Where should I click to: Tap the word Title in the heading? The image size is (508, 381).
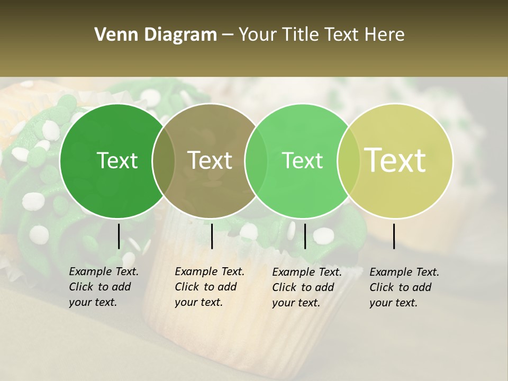point(300,35)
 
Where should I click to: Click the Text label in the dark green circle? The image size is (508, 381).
point(117,160)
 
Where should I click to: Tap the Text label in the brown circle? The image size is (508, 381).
point(210,160)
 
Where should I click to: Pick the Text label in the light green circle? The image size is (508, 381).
point(303,160)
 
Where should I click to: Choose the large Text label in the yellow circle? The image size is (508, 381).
point(395,160)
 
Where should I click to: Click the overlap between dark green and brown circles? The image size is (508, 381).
point(164,161)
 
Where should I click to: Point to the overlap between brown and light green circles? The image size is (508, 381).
point(256,161)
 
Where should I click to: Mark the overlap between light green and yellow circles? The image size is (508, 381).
point(349,161)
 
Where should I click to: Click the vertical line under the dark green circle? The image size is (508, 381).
point(119,236)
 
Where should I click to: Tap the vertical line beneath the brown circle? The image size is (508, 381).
point(212,236)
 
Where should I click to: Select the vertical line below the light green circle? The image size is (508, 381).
point(305,236)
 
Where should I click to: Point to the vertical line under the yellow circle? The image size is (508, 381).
point(394,236)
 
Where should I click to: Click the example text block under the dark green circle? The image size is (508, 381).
point(103,287)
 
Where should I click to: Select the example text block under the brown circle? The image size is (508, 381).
point(209,287)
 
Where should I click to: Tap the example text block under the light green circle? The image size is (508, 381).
point(306,287)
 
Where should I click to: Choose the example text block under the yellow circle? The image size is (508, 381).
point(404,287)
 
